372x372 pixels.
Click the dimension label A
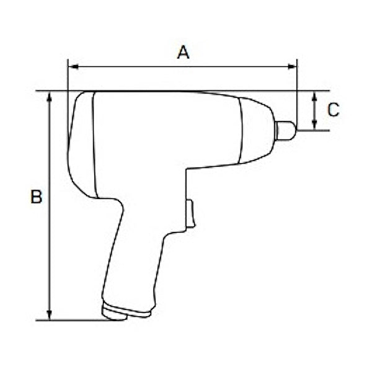[x=183, y=52]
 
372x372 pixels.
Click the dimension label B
[x=37, y=197]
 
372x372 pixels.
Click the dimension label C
[x=333, y=110]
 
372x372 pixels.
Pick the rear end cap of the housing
[x=81, y=146]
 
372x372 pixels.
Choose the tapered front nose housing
[x=255, y=130]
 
